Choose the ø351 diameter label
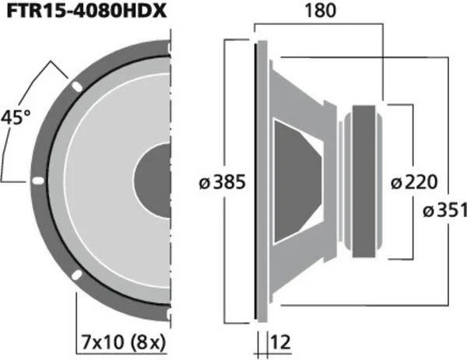[444, 210]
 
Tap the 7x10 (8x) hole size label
[122, 340]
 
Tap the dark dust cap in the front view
[153, 180]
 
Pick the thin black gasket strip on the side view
[255, 180]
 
